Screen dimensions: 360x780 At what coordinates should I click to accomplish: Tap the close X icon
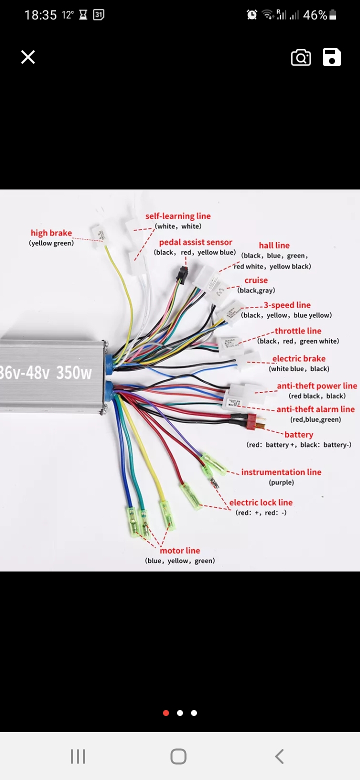[28, 57]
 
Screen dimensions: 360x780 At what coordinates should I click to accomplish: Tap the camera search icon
[301, 57]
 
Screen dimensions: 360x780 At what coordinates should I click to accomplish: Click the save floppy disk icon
[332, 57]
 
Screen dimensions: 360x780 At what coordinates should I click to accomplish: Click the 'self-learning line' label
[178, 216]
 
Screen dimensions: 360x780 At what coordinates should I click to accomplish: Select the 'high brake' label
[51, 233]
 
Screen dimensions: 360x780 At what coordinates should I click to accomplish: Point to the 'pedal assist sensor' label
[195, 242]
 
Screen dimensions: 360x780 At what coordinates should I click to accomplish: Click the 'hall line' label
[274, 245]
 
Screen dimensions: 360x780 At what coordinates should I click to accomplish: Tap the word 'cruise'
[256, 280]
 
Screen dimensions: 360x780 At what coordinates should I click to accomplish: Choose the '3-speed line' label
[287, 305]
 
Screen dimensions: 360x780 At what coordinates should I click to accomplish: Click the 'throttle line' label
[298, 331]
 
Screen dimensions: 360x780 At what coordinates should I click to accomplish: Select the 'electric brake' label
[298, 358]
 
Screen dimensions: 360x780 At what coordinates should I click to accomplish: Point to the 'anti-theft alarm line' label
[315, 409]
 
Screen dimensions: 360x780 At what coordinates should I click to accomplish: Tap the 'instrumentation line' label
[281, 472]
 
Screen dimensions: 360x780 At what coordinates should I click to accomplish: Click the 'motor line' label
[180, 550]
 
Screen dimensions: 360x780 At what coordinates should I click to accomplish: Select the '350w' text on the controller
[74, 372]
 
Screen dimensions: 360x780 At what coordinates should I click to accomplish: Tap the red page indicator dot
[166, 713]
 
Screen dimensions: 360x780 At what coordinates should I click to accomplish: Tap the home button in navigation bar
[178, 756]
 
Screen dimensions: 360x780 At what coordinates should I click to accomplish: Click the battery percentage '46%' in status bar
[315, 15]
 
